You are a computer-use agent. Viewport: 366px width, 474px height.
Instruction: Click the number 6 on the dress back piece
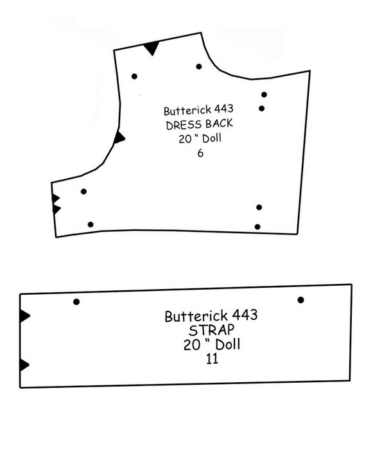[200, 154]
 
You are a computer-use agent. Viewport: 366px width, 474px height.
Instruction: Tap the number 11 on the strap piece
[212, 359]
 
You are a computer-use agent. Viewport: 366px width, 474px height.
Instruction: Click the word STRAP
[211, 330]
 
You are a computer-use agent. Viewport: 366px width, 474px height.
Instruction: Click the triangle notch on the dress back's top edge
[152, 48]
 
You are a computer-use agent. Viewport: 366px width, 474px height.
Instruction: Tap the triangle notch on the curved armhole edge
[119, 137]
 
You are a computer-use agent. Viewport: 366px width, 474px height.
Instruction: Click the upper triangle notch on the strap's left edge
[24, 316]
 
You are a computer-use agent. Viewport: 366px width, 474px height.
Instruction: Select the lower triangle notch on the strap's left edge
[24, 365]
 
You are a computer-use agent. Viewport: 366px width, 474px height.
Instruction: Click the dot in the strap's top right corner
[301, 300]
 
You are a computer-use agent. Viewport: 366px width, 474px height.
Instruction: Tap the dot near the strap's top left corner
[76, 302]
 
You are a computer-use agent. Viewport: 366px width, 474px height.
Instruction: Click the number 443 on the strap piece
[245, 315]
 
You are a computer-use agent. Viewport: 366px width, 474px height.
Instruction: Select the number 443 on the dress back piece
[223, 109]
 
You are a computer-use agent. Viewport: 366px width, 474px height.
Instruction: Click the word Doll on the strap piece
[228, 345]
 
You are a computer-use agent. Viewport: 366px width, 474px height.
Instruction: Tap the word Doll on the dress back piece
[211, 138]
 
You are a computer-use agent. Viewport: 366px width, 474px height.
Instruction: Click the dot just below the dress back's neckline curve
[199, 67]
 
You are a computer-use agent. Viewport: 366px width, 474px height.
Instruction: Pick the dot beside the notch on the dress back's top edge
[134, 76]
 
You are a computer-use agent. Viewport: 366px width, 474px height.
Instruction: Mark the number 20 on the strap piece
[191, 345]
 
